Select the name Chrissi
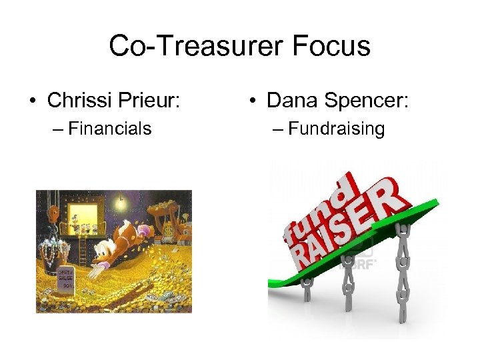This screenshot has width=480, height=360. tap(81, 101)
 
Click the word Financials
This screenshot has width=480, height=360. tap(110, 128)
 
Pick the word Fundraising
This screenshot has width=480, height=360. tap(337, 128)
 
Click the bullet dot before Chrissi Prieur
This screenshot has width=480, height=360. tap(31, 101)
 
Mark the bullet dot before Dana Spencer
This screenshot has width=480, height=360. tap(252, 101)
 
